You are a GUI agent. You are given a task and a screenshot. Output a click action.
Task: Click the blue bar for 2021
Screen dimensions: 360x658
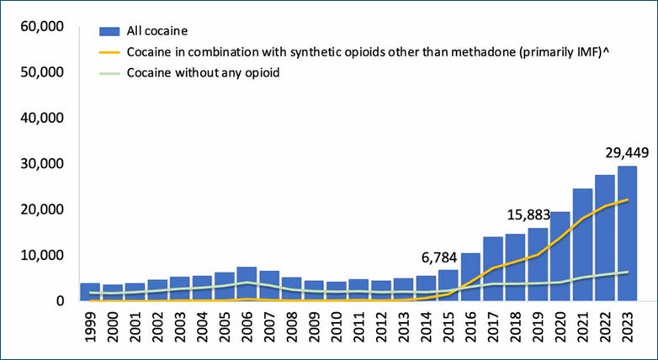581,244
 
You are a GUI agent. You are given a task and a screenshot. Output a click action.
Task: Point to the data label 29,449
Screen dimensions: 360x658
625,153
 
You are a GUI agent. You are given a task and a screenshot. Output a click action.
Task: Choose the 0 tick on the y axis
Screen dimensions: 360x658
59,300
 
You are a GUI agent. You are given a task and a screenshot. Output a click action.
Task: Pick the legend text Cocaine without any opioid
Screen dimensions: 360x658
203,72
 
